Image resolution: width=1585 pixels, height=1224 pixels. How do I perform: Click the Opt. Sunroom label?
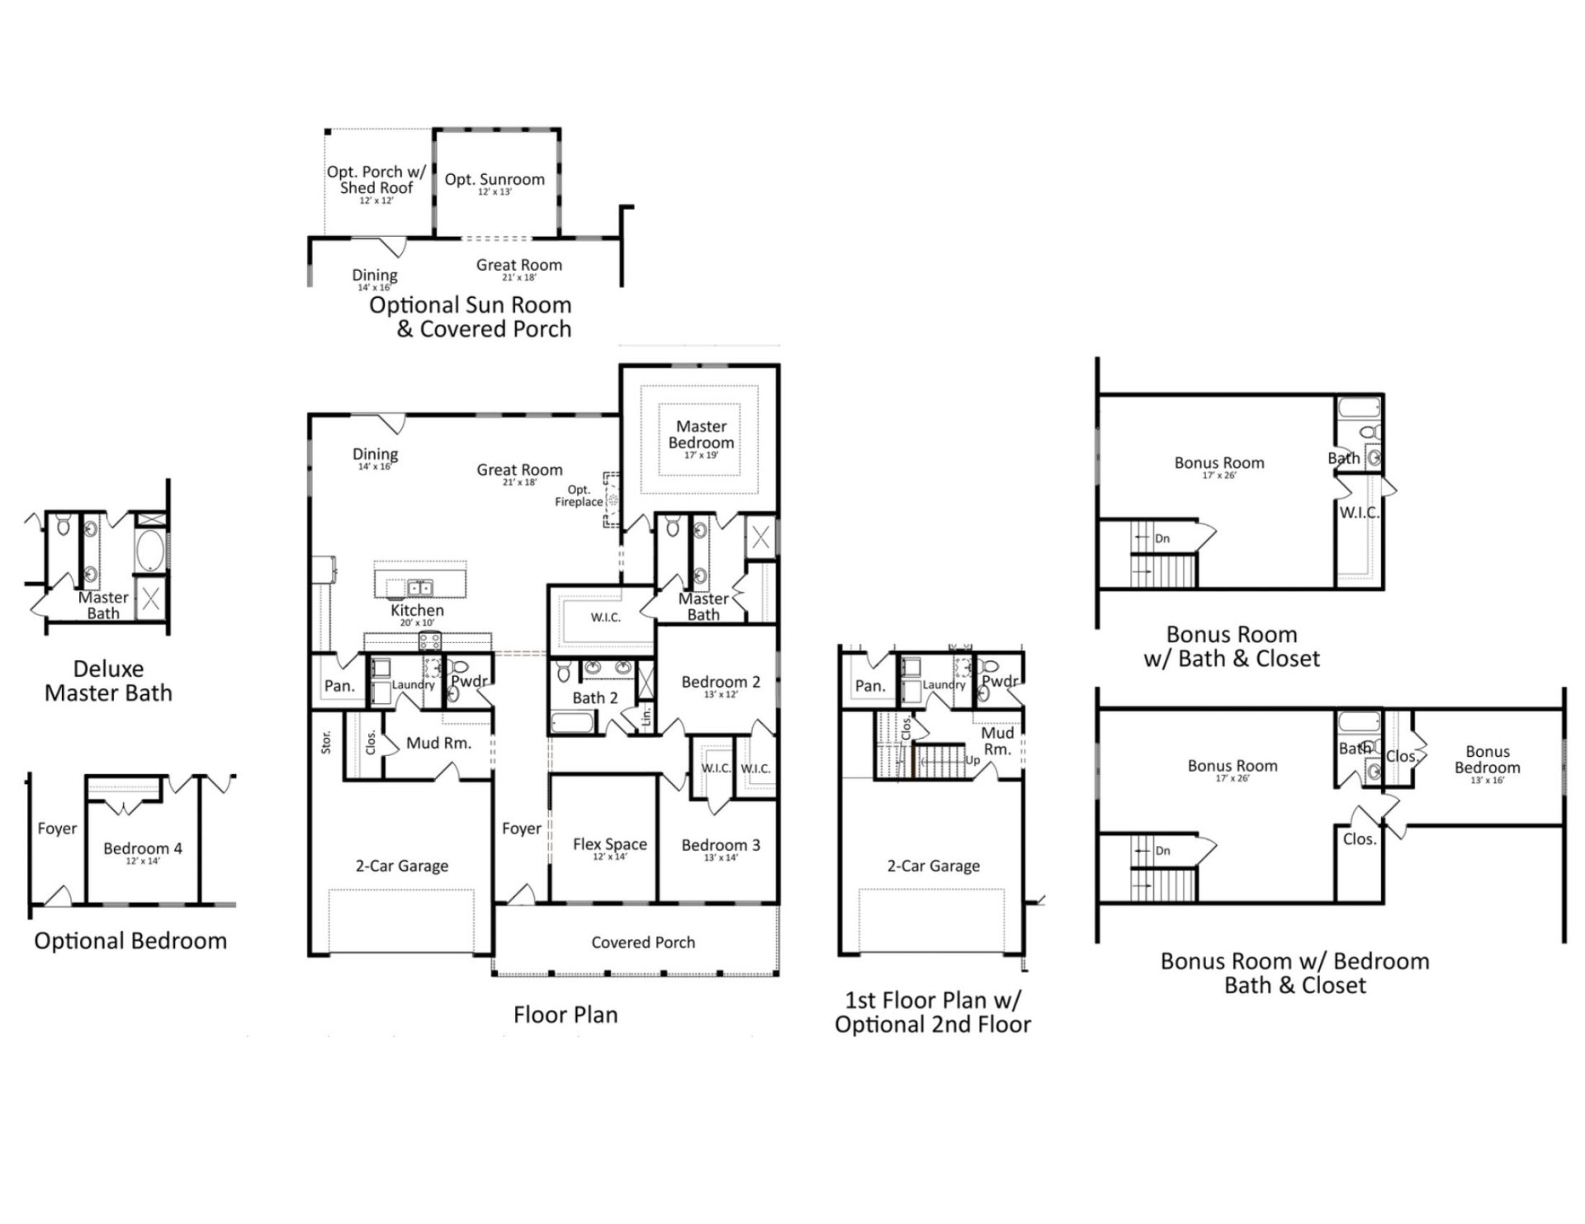494,179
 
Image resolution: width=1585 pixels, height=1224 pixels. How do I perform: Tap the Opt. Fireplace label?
579,496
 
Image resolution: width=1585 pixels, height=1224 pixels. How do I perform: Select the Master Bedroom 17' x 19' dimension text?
701,456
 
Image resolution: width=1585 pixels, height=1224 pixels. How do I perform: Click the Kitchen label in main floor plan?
417,610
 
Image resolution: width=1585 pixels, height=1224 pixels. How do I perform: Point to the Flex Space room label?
609,844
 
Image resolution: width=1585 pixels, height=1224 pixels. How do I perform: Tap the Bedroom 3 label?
720,844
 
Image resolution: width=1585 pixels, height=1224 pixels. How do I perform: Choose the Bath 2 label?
594,698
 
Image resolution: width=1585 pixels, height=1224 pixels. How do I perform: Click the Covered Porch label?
643,942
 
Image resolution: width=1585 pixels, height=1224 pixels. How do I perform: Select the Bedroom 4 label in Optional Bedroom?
142,848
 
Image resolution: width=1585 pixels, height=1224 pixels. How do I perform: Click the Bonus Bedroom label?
1487,759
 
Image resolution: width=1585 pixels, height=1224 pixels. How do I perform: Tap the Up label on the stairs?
972,760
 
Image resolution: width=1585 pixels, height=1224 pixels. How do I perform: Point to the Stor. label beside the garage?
326,742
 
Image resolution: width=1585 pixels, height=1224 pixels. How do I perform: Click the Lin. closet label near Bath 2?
646,714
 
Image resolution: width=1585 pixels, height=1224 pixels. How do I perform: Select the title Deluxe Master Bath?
108,681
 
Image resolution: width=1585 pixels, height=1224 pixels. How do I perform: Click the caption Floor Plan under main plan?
565,1014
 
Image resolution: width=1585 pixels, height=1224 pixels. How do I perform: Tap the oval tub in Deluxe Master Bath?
149,551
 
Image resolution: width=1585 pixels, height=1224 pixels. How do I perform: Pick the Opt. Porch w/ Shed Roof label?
376,179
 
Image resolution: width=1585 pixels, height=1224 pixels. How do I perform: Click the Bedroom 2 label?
720,682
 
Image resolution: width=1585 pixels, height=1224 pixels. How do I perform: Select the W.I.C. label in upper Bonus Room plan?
1359,513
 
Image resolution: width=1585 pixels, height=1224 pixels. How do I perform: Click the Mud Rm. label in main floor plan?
438,743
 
